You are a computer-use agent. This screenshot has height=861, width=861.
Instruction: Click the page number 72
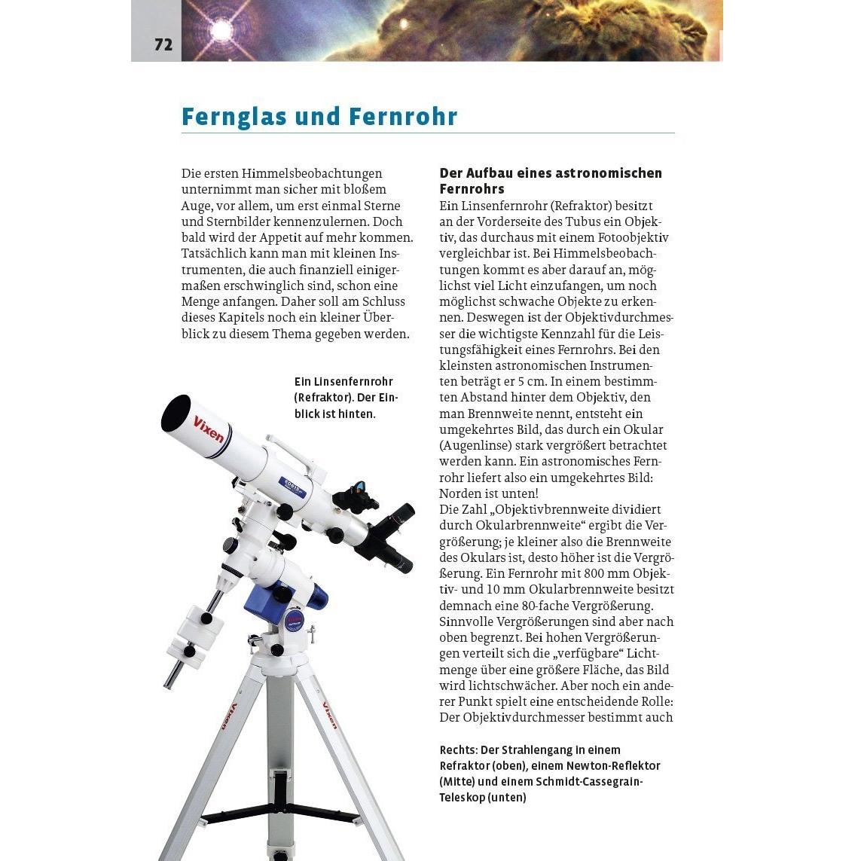pyautogui.click(x=163, y=45)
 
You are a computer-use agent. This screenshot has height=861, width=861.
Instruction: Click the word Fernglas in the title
pyautogui.click(x=234, y=117)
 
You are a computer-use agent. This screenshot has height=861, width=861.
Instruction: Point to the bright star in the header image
pyautogui.click(x=221, y=29)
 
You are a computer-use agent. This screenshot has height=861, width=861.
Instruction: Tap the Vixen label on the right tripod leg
pyautogui.click(x=330, y=715)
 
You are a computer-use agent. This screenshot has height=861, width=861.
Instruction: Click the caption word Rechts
pyautogui.click(x=457, y=750)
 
